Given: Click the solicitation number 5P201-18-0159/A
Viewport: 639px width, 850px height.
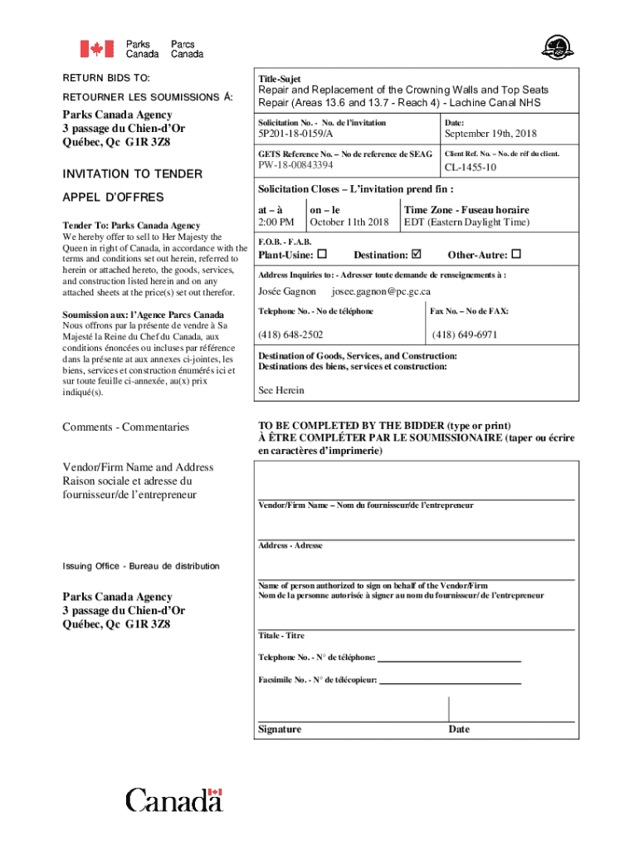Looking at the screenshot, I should click(295, 134).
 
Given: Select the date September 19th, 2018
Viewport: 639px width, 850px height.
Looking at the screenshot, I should click(490, 134).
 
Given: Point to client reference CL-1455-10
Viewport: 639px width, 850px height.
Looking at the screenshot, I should click(471, 168).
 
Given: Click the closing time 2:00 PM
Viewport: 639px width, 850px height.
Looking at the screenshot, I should click(276, 222).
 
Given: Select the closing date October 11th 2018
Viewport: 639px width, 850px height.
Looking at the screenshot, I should click(349, 222).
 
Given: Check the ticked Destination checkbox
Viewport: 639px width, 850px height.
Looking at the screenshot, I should click(417, 254).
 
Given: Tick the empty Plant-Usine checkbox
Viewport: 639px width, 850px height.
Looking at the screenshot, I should click(322, 254).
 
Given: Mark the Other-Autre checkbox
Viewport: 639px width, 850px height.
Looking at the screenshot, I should click(516, 254).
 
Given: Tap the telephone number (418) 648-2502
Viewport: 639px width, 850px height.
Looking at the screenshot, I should click(290, 335).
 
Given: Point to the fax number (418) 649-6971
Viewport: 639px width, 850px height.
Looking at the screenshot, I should click(465, 335).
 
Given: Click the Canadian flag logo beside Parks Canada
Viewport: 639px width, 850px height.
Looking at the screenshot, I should click(97, 49).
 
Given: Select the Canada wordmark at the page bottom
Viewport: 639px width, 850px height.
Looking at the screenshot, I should click(174, 800).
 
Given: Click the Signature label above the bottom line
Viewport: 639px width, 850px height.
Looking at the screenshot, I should click(280, 730).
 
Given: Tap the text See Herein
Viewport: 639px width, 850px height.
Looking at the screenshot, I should click(281, 390).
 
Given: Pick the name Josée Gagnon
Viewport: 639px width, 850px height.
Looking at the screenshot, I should click(287, 292).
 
